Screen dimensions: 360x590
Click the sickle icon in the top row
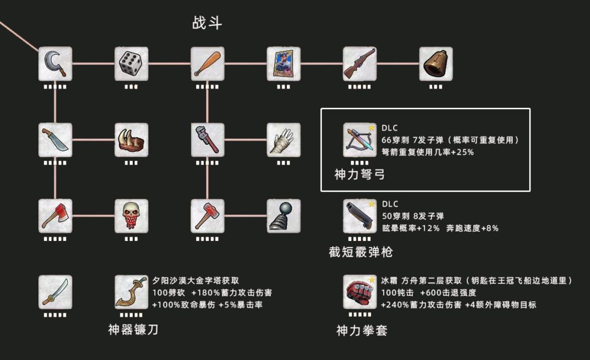pos(55,63)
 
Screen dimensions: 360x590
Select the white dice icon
pos(131,63)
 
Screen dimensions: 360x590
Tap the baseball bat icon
pos(208,63)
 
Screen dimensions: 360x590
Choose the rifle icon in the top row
pos(359,63)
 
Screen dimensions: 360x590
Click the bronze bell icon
pos(436,63)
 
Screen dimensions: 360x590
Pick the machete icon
pos(55,140)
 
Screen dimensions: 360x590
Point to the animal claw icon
pos(131,140)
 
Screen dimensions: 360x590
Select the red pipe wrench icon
pos(208,140)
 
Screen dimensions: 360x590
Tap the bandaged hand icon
pos(284,140)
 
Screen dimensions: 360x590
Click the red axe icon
pos(55,216)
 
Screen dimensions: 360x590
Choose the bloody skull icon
pos(131,216)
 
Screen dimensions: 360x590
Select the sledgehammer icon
pos(208,216)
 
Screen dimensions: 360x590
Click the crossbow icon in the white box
pos(359,140)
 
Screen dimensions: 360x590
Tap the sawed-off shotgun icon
pos(359,216)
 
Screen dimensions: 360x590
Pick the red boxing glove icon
pos(359,292)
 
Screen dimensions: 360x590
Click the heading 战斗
pos(208,23)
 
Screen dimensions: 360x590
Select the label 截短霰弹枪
pos(361,251)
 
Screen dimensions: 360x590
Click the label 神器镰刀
pos(133,329)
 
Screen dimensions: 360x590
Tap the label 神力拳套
pos(362,331)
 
